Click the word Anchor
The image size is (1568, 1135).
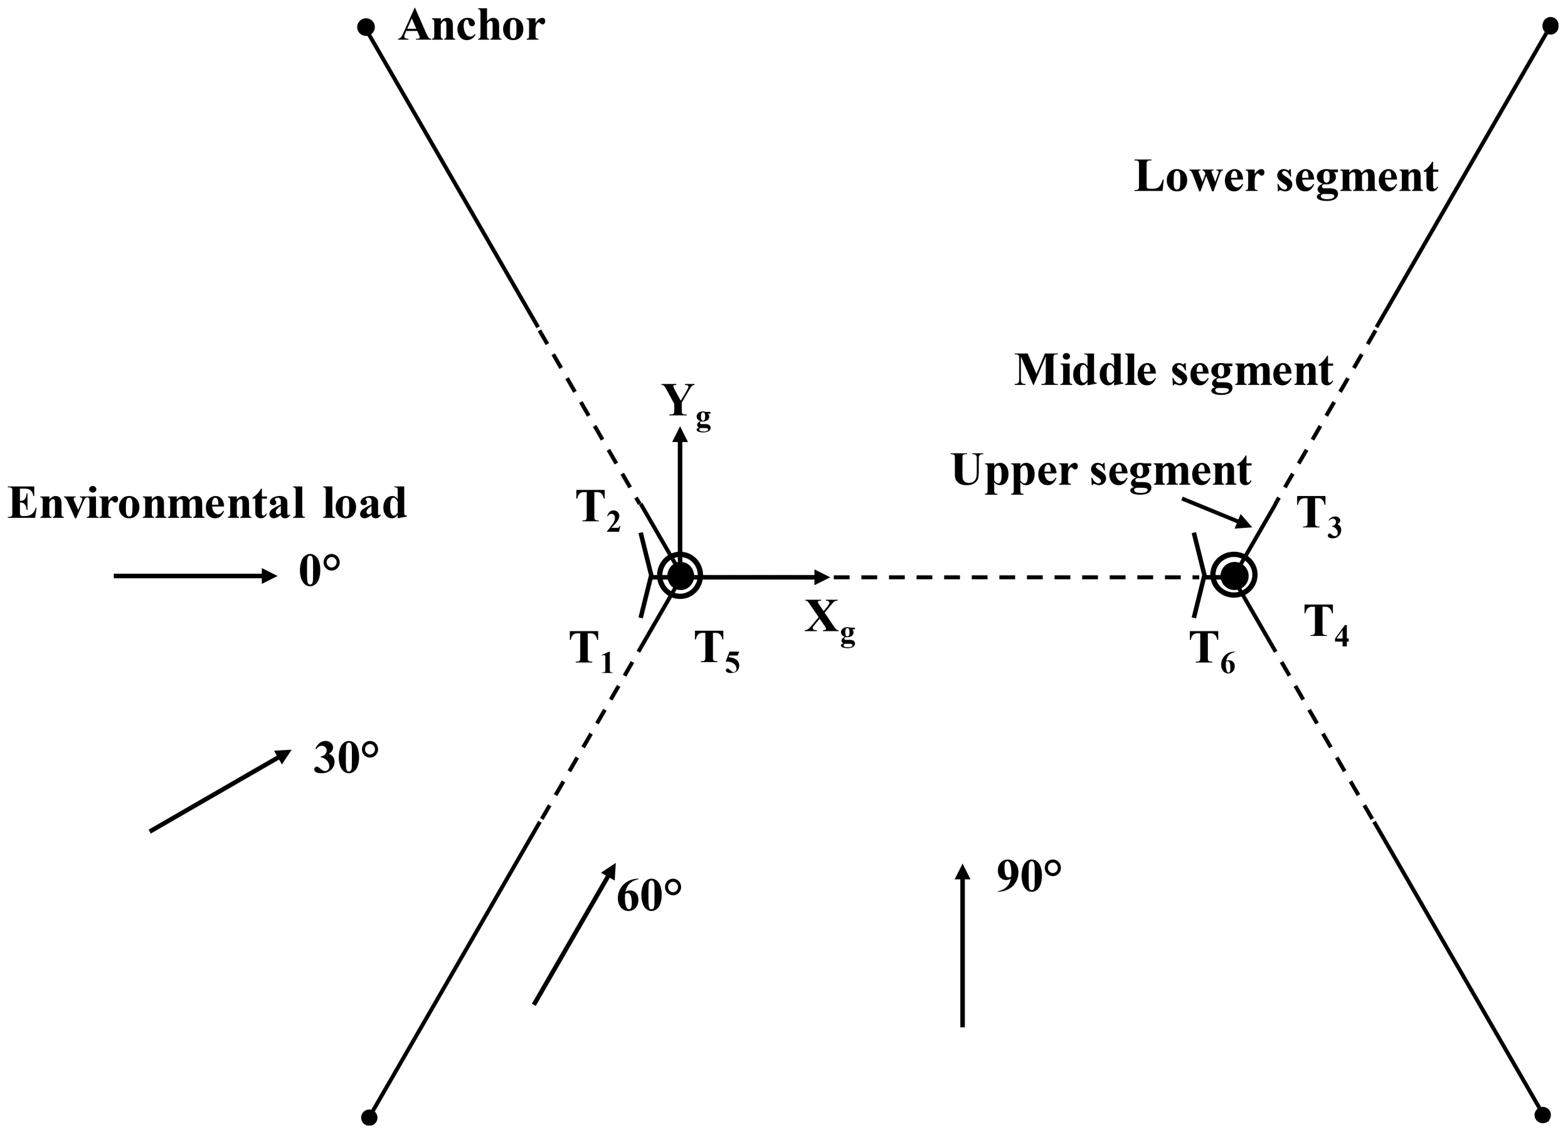click(x=472, y=28)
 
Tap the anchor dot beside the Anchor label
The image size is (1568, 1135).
click(x=366, y=28)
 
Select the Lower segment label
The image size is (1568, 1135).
click(x=1286, y=177)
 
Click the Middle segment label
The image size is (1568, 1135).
click(x=1173, y=371)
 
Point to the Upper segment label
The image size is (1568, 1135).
click(x=1101, y=471)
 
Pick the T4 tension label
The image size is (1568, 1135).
click(x=1326, y=624)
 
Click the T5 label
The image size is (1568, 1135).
click(x=718, y=651)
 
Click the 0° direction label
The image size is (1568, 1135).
click(x=319, y=573)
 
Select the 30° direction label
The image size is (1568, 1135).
click(x=346, y=758)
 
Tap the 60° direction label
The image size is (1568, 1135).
click(x=649, y=897)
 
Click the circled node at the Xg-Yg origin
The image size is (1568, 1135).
click(x=681, y=575)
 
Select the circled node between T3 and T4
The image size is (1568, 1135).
click(x=1235, y=575)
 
